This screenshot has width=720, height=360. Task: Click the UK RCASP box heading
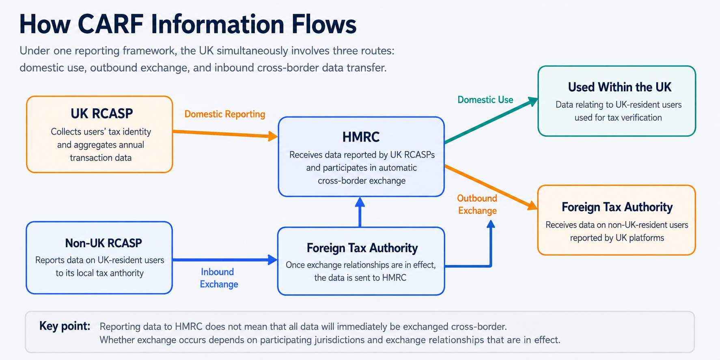tap(101, 114)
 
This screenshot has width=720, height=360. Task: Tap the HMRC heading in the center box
tap(361, 137)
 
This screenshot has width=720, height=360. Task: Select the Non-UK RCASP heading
tap(103, 243)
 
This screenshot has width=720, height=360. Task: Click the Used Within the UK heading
tap(619, 87)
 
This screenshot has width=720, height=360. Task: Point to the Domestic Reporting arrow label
tap(224, 114)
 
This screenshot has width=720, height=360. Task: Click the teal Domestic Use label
tap(485, 100)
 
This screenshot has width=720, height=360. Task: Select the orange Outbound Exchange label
tap(477, 205)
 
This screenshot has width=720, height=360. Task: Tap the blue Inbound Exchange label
tap(219, 278)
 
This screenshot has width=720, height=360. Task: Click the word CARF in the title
tap(110, 24)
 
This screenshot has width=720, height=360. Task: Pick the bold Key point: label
tap(65, 326)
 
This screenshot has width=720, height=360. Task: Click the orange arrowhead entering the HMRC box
tap(273, 136)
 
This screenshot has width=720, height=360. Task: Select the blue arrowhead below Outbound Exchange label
tap(491, 224)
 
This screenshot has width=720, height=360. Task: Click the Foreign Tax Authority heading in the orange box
tap(617, 207)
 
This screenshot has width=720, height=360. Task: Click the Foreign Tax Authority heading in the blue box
tap(362, 248)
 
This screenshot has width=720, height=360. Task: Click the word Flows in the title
tap(324, 24)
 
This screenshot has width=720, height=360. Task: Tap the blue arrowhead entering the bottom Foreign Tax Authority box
tap(273, 260)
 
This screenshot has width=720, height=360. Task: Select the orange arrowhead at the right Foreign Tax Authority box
tap(532, 205)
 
